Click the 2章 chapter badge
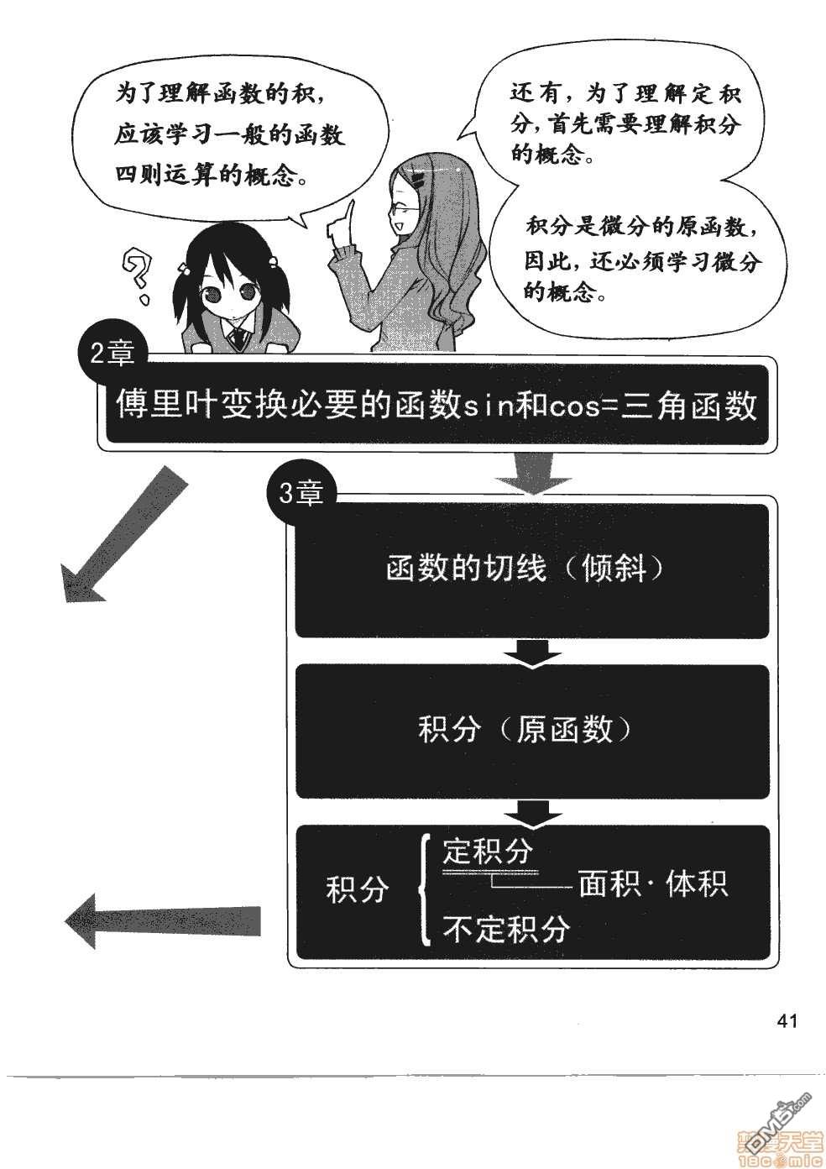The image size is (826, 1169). [x=111, y=354]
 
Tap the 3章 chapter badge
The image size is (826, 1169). [x=300, y=495]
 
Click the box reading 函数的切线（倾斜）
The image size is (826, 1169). [x=531, y=570]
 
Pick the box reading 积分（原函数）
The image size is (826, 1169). [x=531, y=730]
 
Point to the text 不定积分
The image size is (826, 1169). [x=505, y=929]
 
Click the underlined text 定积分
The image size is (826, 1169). [x=488, y=852]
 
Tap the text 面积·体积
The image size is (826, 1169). [x=653, y=884]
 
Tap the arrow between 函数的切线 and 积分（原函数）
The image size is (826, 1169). [x=531, y=652]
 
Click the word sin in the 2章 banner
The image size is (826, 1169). [x=487, y=408]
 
